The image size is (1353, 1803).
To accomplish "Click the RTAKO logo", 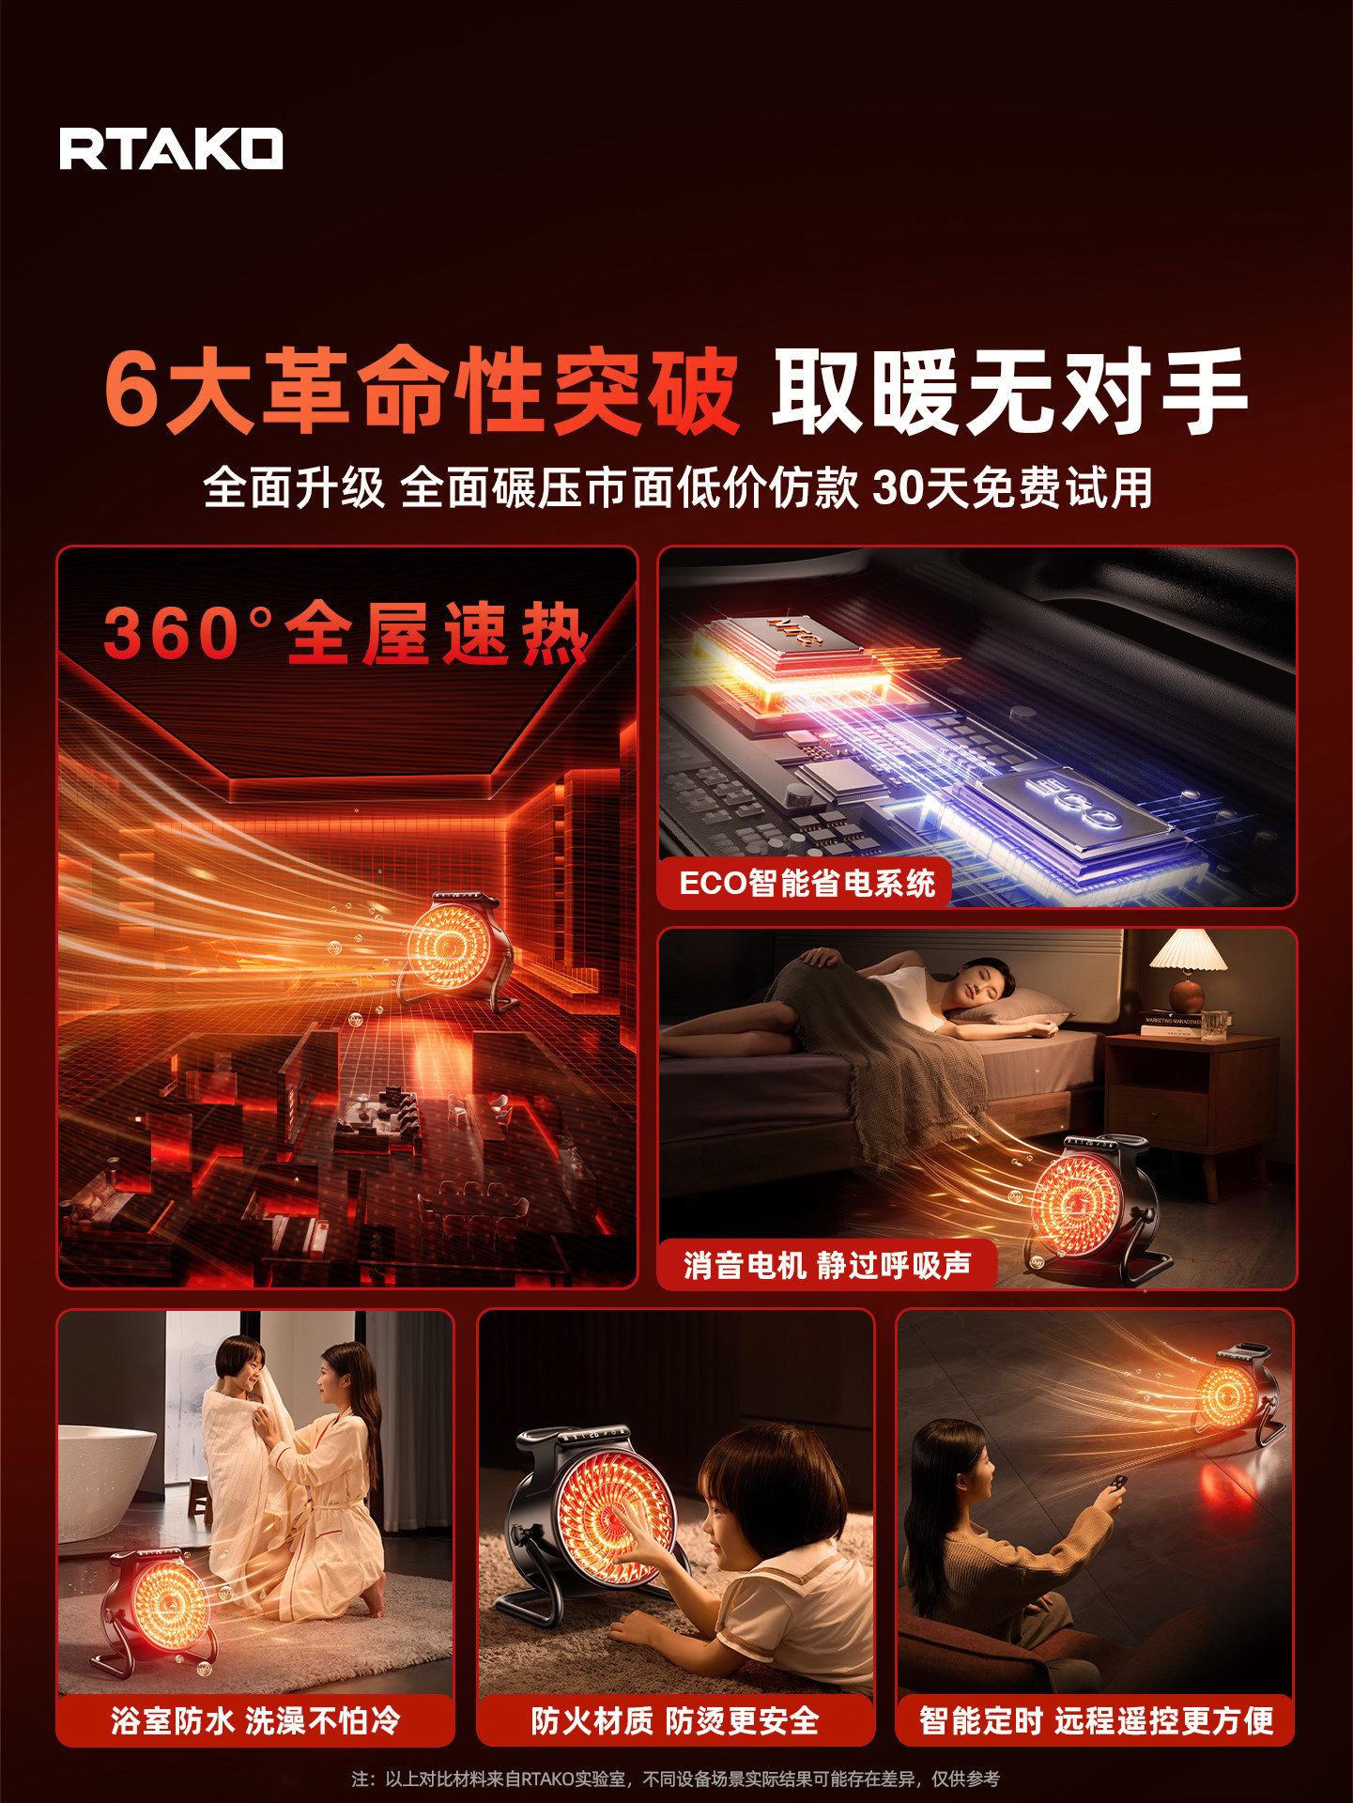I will click(x=171, y=149).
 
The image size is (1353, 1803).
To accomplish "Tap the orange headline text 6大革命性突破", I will click(x=421, y=391).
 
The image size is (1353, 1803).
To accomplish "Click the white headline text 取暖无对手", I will click(x=1009, y=391).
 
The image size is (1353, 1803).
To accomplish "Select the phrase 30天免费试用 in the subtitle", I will click(x=1012, y=488).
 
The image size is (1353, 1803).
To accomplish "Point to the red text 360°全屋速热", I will click(x=346, y=633).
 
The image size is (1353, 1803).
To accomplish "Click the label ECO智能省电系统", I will click(x=807, y=884).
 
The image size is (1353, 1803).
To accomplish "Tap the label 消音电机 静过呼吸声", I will click(x=826, y=1265).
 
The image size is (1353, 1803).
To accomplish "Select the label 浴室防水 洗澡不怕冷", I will click(x=255, y=1720).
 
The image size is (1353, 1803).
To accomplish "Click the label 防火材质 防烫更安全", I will click(x=675, y=1720).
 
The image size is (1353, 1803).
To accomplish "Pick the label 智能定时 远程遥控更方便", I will click(x=1096, y=1720).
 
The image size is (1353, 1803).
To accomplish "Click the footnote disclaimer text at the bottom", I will click(x=675, y=1779).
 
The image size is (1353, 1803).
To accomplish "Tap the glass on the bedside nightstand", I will click(x=1214, y=1025).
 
